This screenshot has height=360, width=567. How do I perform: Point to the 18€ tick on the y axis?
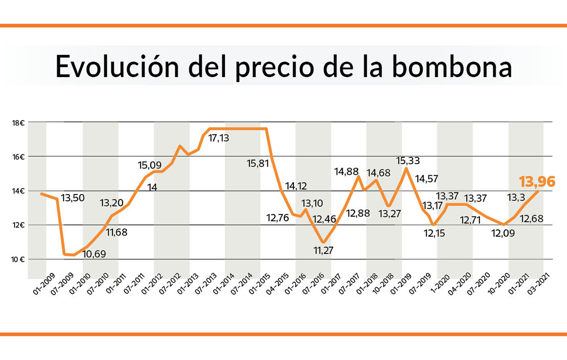click(x=18, y=123)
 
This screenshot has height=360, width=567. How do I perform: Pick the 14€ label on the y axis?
click(x=18, y=191)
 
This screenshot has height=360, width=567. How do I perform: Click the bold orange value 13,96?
click(x=537, y=181)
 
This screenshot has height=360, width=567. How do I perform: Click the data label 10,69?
click(x=94, y=254)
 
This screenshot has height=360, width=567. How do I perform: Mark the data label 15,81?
click(x=258, y=164)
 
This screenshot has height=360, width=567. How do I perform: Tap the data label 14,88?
click(x=347, y=171)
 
